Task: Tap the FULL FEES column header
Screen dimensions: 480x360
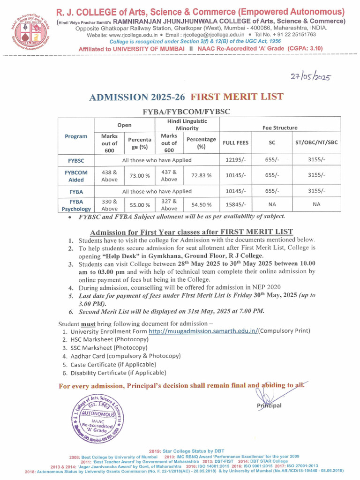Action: point(236,142)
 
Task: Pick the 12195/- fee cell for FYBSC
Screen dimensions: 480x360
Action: point(236,160)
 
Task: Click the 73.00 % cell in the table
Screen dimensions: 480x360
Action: point(140,175)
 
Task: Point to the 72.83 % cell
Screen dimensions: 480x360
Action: point(201,175)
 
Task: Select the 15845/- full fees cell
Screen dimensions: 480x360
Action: point(236,204)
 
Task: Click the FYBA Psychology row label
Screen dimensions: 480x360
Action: point(76,205)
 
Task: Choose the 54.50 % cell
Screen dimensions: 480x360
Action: point(201,204)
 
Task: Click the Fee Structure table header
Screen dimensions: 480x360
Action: point(280,127)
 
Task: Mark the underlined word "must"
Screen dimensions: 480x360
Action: point(89,323)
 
